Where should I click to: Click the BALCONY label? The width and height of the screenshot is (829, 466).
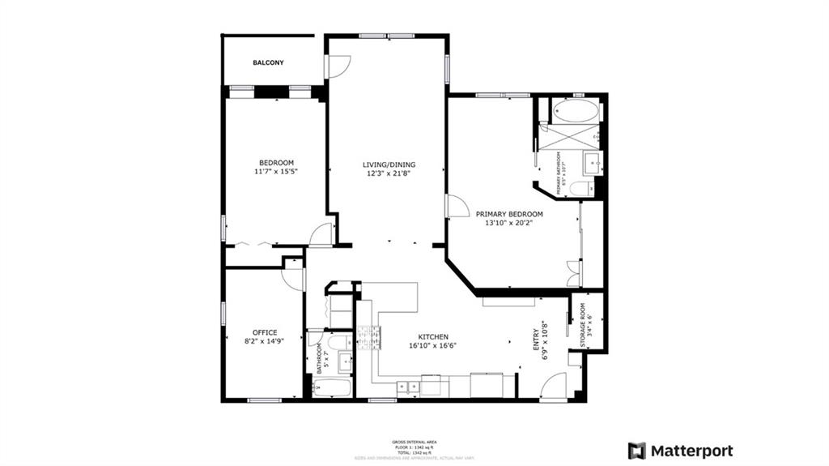[x=268, y=63]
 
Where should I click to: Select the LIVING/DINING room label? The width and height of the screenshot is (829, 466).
[x=380, y=169]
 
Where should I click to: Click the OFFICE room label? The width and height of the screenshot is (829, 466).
[x=265, y=337]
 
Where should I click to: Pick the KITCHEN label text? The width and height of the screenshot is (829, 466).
[x=433, y=341]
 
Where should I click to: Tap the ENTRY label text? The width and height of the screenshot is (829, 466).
[x=539, y=338]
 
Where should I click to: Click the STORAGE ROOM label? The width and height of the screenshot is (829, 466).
[x=586, y=326]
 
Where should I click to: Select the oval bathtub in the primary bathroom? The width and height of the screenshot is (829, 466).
[x=576, y=111]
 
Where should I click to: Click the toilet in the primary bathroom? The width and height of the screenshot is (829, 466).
[x=580, y=189]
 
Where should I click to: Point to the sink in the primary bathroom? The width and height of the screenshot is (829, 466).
[x=593, y=165]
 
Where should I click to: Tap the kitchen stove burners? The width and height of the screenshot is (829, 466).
[x=369, y=336]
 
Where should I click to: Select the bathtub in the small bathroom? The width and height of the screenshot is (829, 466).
[x=331, y=388]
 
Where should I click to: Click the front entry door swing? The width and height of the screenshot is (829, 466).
[x=555, y=387]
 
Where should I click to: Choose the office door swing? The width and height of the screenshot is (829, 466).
[x=292, y=278]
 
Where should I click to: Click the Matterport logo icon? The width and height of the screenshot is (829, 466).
[x=637, y=451]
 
